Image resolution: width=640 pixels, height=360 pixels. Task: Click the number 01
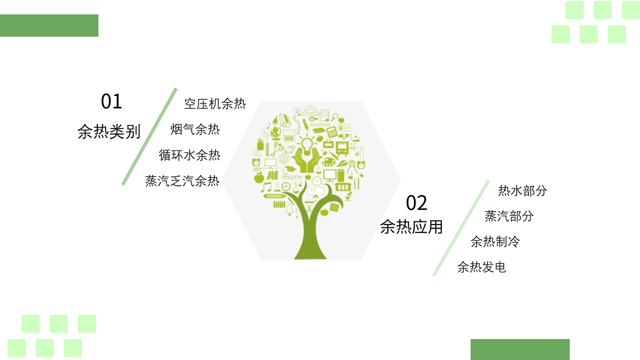click(112, 102)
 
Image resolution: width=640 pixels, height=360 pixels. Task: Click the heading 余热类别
click(109, 132)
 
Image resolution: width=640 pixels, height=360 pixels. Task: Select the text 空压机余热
click(215, 104)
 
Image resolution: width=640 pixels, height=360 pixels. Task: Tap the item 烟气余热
click(195, 129)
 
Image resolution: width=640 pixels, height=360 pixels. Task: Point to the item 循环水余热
click(190, 156)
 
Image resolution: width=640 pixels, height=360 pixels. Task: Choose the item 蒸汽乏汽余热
click(182, 181)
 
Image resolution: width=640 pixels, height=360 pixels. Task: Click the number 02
click(416, 203)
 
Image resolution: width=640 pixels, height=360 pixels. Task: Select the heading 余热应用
click(411, 226)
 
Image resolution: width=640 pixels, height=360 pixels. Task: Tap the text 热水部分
click(523, 191)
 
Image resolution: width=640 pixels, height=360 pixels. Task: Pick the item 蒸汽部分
click(509, 216)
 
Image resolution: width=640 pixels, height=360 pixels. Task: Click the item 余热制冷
click(496, 242)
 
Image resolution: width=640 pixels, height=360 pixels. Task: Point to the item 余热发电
click(482, 267)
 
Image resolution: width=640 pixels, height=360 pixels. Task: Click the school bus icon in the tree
click(342, 148)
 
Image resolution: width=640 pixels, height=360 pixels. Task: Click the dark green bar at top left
click(49, 26)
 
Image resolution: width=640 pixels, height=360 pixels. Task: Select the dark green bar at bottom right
click(520, 349)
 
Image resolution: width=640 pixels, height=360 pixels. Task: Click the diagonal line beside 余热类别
click(149, 136)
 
